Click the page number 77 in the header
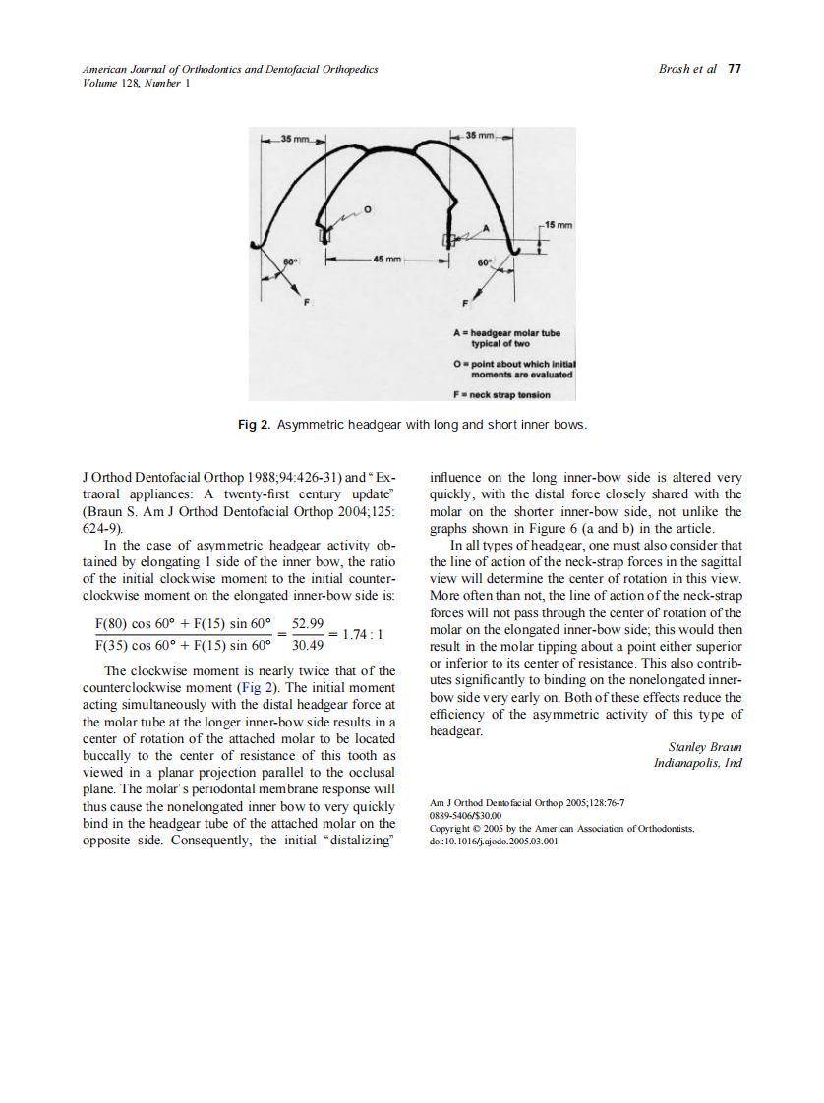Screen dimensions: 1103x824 click(x=735, y=69)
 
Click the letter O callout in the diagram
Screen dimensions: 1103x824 click(x=368, y=210)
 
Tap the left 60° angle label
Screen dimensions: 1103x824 click(x=290, y=261)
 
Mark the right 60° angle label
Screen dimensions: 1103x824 click(x=484, y=263)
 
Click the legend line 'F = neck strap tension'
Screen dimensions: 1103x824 click(x=501, y=394)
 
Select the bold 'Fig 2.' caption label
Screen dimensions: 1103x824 click(x=254, y=424)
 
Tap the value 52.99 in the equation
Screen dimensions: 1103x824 click(x=309, y=624)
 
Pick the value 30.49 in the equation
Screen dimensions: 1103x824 click(x=309, y=647)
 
